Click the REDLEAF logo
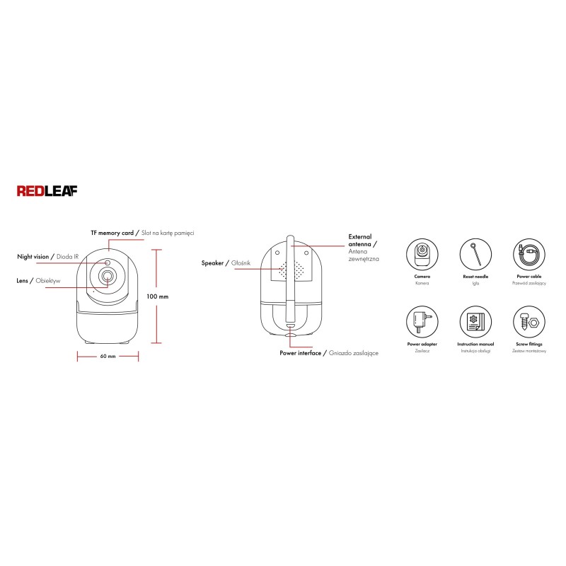[x=47, y=191]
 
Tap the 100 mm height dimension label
[x=157, y=296]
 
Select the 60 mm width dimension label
[x=108, y=357]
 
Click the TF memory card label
[x=112, y=233]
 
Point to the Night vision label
[x=33, y=257]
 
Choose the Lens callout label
[x=22, y=280]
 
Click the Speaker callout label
[x=212, y=262]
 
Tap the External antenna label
[x=360, y=241]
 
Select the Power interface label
[x=300, y=353]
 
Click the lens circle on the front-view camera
[x=107, y=277]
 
